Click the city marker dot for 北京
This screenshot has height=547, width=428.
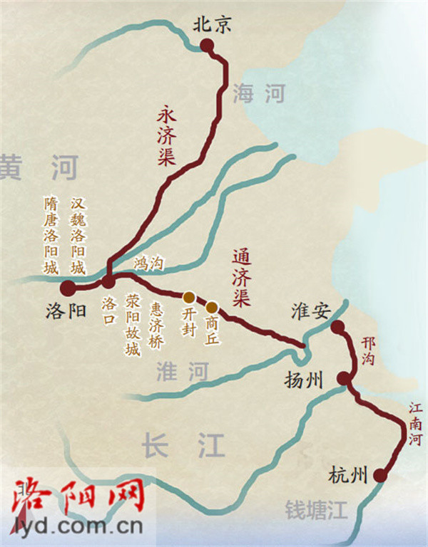click(x=207, y=46)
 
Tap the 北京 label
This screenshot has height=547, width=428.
click(x=213, y=26)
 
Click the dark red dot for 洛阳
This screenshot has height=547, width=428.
click(x=68, y=288)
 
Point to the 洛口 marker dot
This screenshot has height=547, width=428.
click(x=108, y=282)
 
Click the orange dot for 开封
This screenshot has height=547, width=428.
click(x=188, y=297)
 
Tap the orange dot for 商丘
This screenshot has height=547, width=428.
click(x=212, y=308)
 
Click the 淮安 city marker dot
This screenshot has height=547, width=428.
click(x=337, y=327)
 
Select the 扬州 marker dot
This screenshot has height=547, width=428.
click(x=345, y=379)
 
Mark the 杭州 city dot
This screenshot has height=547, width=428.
click(x=381, y=475)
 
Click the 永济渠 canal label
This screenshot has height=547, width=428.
click(x=166, y=136)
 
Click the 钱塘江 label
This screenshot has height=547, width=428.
click(x=315, y=510)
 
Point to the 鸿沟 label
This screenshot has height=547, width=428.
click(x=148, y=264)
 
